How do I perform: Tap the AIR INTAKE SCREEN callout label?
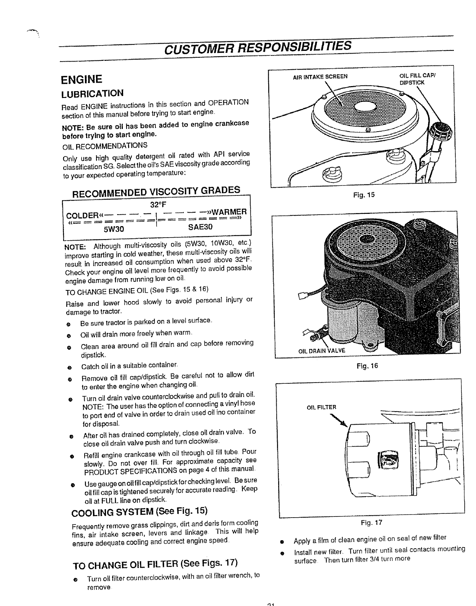point(320,76)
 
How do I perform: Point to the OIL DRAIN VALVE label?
point(321,350)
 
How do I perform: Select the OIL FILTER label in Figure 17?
point(321,407)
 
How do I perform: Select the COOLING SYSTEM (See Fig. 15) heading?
point(140,511)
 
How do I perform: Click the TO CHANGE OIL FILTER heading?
point(155,564)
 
